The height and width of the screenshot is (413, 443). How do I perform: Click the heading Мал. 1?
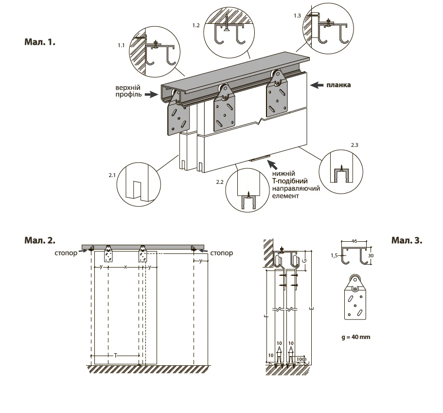40,42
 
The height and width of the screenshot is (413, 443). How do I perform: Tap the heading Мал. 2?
40,240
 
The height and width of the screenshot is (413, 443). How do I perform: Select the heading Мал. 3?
407,240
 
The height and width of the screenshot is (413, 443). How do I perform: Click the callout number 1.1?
121,45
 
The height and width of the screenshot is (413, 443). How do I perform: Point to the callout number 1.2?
196,24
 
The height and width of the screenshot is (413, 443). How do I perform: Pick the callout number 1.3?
298,16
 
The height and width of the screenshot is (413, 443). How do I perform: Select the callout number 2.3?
354,145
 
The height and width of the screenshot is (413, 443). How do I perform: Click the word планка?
339,85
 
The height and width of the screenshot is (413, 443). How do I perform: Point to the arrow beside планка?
317,85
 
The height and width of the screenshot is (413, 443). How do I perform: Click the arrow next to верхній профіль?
152,94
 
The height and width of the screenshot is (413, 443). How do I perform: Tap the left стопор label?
67,253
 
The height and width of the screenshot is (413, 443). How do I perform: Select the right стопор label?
222,253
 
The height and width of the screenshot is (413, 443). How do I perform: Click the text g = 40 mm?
357,336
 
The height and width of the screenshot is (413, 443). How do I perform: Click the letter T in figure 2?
116,356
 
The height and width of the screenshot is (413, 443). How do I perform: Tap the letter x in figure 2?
125,267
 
